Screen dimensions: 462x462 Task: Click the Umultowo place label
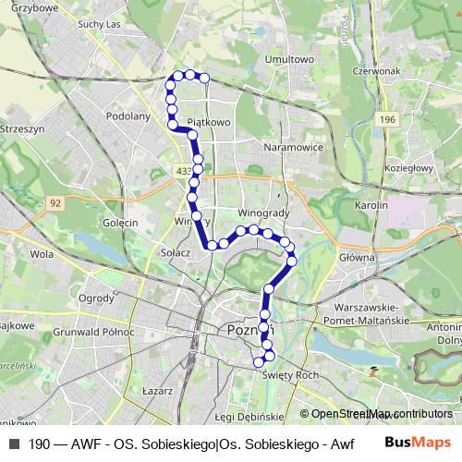[x=286, y=60]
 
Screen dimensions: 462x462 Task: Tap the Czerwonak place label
[x=373, y=69]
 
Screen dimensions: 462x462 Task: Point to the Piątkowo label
[x=208, y=121]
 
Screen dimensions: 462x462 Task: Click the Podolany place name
[x=128, y=116]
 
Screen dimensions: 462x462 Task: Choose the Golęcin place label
[x=120, y=223]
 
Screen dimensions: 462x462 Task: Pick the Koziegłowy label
[x=409, y=168]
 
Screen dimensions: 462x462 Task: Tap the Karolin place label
[x=369, y=204]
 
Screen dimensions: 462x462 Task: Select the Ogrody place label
[x=96, y=298]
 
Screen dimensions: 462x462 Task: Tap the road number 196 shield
[x=387, y=120]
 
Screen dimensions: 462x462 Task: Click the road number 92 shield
[x=56, y=201]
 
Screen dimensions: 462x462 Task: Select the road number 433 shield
[x=183, y=172]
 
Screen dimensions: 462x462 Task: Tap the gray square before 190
[x=13, y=444]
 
